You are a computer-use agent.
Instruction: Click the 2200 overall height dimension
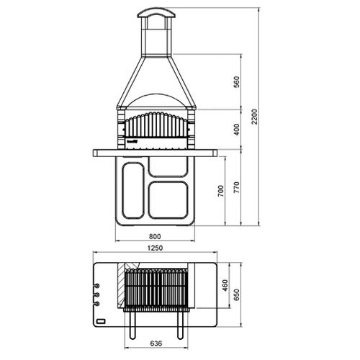tap(255, 117)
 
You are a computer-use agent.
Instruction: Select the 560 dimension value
tap(237, 82)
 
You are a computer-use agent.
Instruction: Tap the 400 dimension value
tap(237, 130)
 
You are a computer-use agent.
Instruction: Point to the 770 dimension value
tap(237, 188)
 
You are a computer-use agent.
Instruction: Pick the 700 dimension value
tap(221, 191)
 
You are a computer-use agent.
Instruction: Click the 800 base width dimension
tap(155, 236)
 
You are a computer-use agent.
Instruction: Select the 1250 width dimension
tap(155, 248)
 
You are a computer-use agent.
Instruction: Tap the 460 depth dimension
tap(225, 285)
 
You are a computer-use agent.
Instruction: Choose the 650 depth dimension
tap(237, 294)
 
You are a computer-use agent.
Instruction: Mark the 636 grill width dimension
tap(156, 343)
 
